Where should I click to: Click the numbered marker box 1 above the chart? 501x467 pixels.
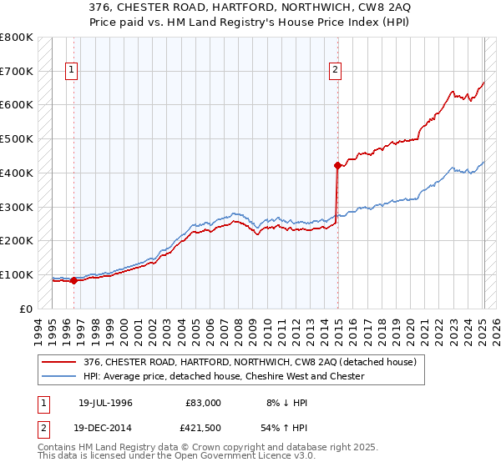click(73, 71)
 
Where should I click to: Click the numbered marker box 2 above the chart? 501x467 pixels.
click(335, 71)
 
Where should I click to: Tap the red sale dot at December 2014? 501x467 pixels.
click(337, 165)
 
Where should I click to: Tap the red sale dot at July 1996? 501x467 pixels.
click(73, 280)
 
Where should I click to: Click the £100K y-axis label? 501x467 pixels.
click(17, 274)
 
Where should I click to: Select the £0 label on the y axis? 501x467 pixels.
click(25, 309)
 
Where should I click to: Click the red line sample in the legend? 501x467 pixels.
click(59, 362)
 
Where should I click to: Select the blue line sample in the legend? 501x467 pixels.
click(59, 376)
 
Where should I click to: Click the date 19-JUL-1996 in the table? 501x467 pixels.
click(105, 403)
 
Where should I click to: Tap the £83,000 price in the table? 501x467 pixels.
click(203, 403)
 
